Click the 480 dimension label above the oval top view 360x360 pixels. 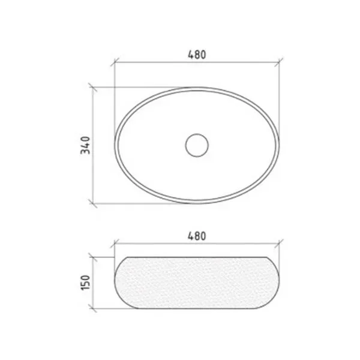[197, 55]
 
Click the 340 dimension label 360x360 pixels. [85, 145]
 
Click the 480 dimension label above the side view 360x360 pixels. [197, 236]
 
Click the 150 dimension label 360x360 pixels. [85, 283]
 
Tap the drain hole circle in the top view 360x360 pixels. [197, 145]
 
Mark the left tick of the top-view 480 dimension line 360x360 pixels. [115, 62]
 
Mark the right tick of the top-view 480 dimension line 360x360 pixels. [279, 62]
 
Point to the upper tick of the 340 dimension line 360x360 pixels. [93, 87]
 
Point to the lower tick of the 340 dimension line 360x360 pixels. [93, 203]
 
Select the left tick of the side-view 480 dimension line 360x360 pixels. [115, 244]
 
